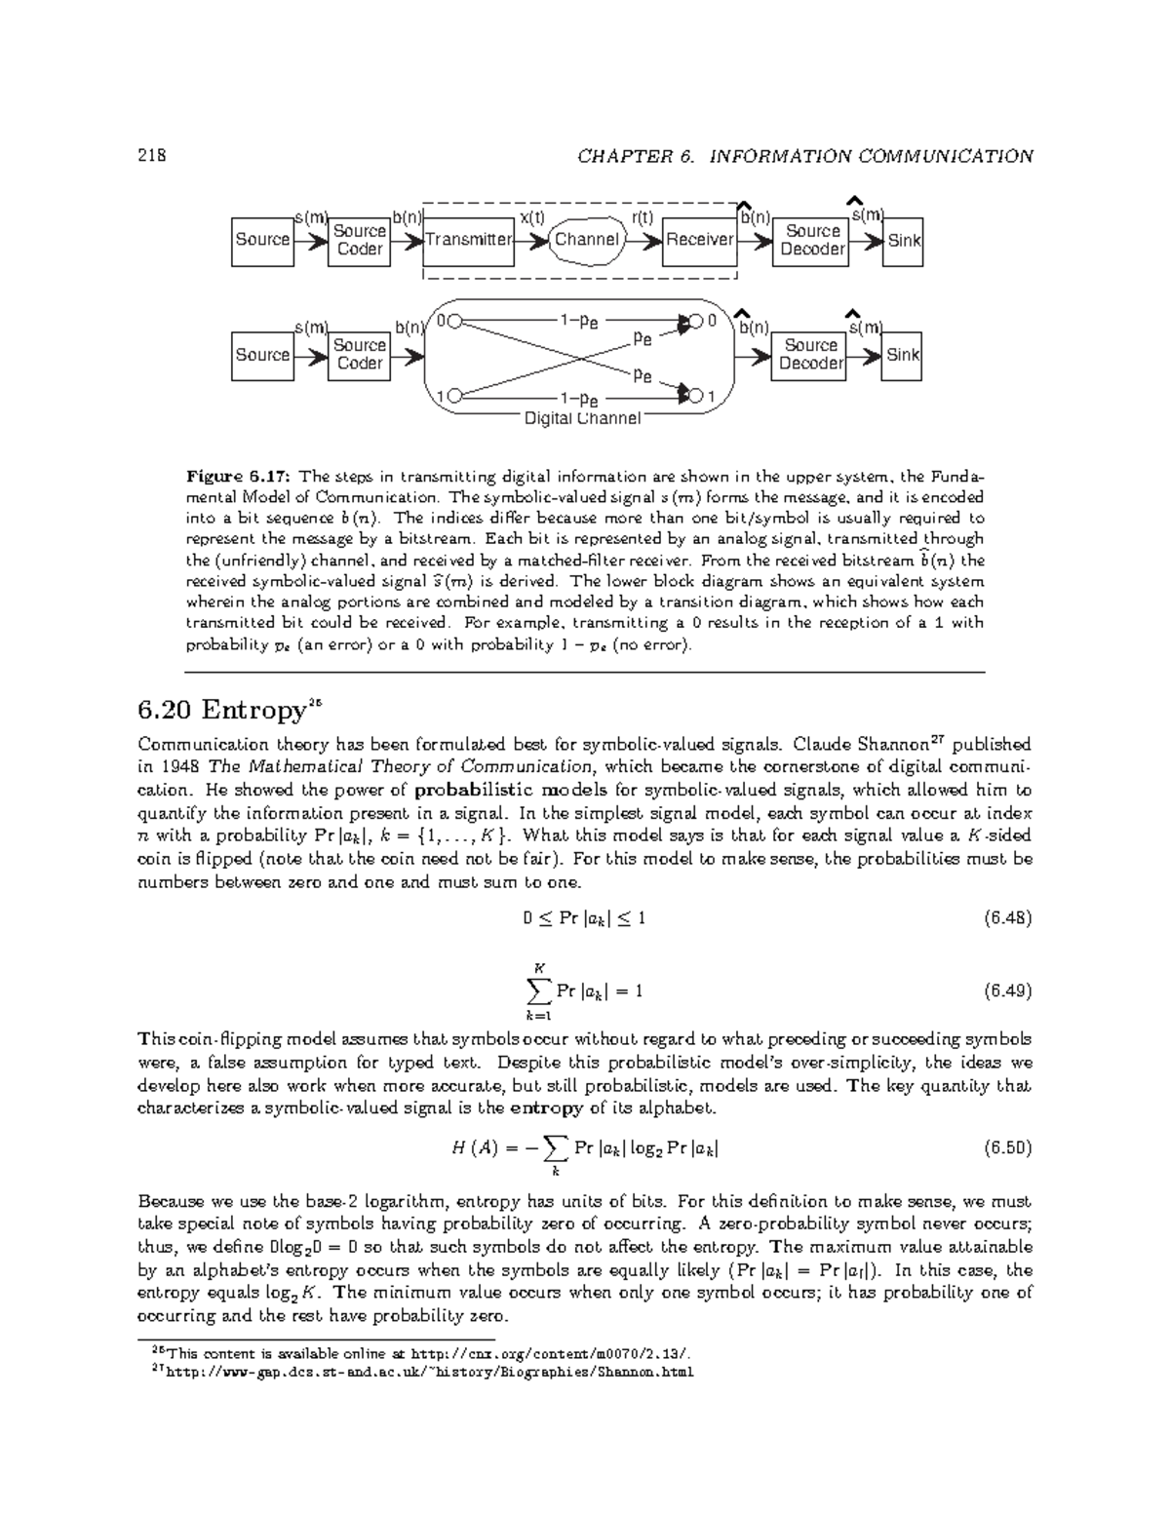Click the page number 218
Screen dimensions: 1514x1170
click(152, 156)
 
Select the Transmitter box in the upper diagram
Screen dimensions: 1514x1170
click(468, 240)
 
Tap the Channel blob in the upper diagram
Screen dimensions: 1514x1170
click(586, 240)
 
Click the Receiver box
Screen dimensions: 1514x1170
click(699, 240)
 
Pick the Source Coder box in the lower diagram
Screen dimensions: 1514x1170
click(359, 355)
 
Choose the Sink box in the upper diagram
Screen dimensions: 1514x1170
click(904, 241)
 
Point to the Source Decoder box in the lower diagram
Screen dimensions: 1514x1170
click(810, 355)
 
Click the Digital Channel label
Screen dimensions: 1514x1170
click(582, 419)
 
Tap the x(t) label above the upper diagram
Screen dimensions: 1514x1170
click(532, 217)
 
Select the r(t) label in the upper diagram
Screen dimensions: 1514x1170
click(643, 217)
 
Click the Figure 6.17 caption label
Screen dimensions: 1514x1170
click(239, 477)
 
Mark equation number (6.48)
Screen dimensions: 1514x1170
click(1007, 917)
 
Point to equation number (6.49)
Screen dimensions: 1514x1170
click(1007, 991)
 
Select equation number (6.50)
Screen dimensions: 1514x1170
click(1007, 1147)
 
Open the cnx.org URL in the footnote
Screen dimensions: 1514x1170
click(555, 1353)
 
